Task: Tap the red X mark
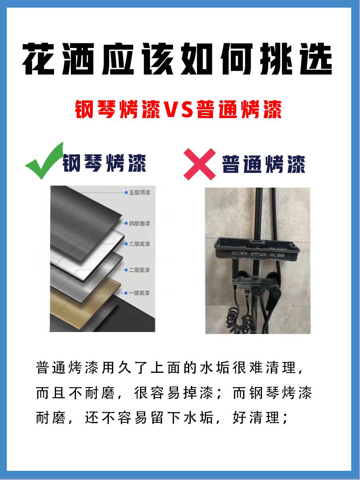(x=200, y=164)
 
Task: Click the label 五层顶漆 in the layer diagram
(x=140, y=192)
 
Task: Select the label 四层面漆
(x=140, y=224)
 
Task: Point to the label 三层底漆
(x=139, y=244)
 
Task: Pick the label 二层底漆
(x=139, y=270)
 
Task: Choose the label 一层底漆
(x=139, y=293)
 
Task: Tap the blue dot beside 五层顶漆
(x=126, y=192)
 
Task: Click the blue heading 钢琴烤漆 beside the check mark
(x=104, y=163)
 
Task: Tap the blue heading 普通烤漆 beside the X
(x=264, y=164)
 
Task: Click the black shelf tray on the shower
(x=257, y=249)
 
